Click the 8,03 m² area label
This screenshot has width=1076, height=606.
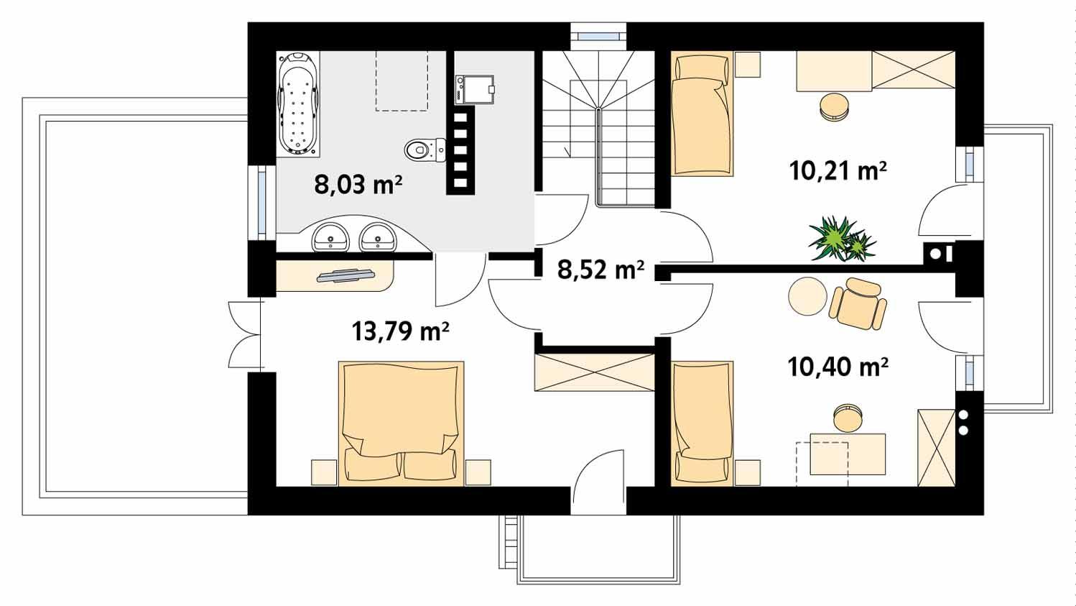(358, 185)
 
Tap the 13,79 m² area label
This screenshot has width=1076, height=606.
(400, 331)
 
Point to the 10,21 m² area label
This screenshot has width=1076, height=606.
(837, 171)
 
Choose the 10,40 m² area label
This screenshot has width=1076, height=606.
(838, 367)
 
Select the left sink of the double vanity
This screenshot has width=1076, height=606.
(330, 237)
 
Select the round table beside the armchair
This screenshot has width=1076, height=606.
(807, 296)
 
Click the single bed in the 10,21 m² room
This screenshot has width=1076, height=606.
(702, 115)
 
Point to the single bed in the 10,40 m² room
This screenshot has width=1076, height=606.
(702, 422)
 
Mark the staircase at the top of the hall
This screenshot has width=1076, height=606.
(598, 129)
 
